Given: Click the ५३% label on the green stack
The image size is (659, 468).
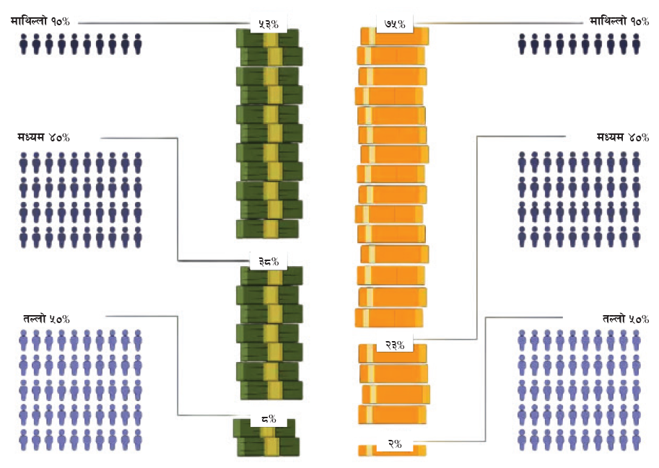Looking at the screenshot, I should (x=269, y=24).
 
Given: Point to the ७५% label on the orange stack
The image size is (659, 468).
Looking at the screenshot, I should (x=396, y=24).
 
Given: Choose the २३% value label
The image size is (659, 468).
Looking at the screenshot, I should (x=394, y=345).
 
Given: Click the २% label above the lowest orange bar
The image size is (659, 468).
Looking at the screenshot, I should (x=394, y=444).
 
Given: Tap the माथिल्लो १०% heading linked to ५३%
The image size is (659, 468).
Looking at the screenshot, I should (x=40, y=22).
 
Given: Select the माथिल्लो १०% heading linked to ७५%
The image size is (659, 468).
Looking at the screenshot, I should (x=619, y=22).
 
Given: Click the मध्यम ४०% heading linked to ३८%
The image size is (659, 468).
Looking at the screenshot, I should (x=44, y=137).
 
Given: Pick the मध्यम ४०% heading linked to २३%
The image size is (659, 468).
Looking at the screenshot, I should (x=623, y=137).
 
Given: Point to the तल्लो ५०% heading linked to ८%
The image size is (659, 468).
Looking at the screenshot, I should (x=46, y=318).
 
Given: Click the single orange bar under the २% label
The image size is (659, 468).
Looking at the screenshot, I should (x=392, y=451).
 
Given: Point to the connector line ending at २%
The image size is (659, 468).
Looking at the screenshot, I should (x=485, y=382).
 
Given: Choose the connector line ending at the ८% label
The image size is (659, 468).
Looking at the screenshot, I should (x=178, y=368).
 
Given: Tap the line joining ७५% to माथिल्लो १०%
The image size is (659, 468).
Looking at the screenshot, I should (x=498, y=23).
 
